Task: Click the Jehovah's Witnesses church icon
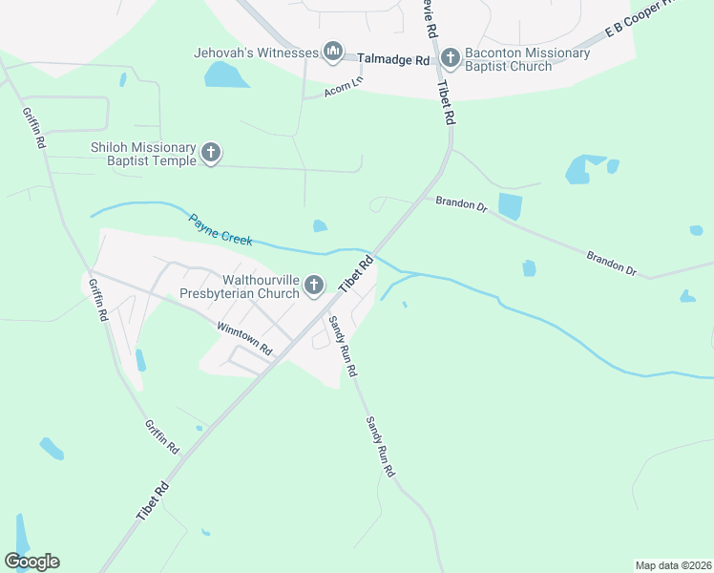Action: tap(332, 53)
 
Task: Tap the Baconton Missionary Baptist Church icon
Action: tap(451, 59)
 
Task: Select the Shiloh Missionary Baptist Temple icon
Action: tap(211, 153)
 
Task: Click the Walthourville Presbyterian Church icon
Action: tap(314, 286)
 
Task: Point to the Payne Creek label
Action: tap(220, 230)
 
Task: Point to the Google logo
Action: tap(31, 562)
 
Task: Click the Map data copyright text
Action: tap(672, 565)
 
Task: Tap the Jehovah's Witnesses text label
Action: tap(255, 53)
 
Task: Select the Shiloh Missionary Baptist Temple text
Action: tap(143, 154)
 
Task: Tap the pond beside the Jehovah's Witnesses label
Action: tap(225, 75)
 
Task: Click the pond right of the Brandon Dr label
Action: tap(511, 206)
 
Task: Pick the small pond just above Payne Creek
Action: tap(320, 226)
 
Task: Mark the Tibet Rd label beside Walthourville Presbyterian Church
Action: tap(352, 274)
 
